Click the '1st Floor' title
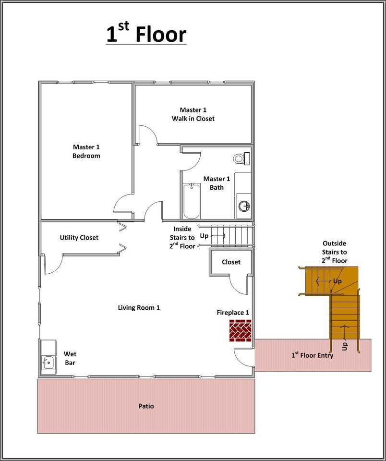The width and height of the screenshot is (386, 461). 146,35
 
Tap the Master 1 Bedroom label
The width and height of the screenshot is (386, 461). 86,151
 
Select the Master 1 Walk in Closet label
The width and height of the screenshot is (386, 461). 193,114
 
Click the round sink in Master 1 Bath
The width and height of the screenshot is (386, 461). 244,206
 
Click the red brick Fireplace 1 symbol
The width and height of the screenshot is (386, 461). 240,331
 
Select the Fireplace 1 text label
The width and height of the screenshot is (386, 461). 233,313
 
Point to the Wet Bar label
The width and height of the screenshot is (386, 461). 70,358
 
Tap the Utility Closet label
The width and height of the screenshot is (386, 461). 79,238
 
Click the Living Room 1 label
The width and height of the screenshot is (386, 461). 139,307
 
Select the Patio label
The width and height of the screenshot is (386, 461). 146,406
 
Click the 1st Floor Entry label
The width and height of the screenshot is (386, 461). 313,356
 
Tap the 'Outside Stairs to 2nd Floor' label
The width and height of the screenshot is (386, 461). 334,252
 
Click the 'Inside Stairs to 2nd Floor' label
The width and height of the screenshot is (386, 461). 182,238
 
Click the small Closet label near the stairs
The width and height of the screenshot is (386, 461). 231,262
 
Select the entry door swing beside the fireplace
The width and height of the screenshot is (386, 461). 242,358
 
